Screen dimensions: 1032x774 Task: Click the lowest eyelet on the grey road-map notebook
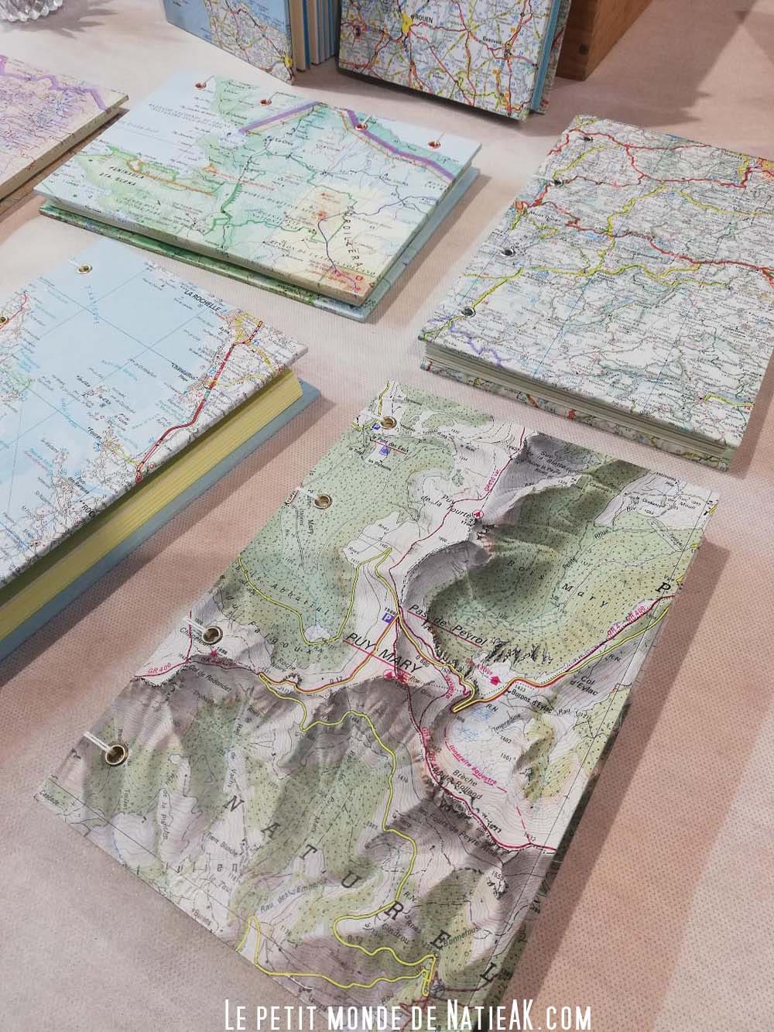468,310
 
